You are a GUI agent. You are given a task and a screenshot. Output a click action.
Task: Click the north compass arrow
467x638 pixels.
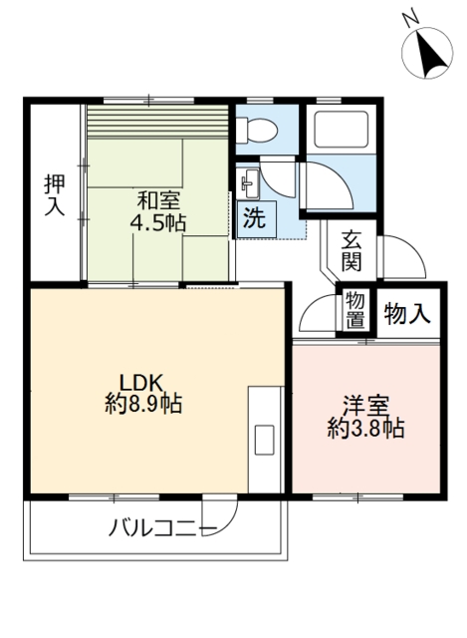(x=430, y=54)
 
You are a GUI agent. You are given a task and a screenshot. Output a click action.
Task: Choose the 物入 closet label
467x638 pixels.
(x=406, y=313)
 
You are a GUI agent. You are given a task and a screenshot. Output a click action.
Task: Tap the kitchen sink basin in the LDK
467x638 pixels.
(x=264, y=439)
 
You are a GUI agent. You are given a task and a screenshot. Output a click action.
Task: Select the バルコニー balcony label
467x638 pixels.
(x=162, y=528)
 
